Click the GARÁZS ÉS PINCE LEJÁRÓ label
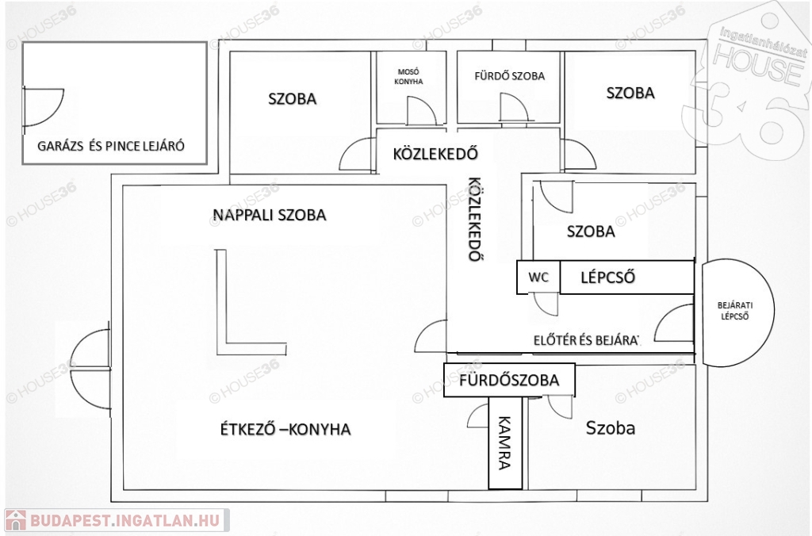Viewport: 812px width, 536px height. coord(111,146)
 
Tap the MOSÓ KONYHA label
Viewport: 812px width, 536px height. coord(408,77)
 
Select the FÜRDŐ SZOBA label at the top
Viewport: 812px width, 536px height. coord(510,76)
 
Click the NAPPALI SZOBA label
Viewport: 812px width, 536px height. coord(270,214)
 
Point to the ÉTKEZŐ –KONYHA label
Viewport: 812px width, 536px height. coord(285,429)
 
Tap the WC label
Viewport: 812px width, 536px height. coord(538,277)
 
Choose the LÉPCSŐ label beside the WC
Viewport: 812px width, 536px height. coord(607,277)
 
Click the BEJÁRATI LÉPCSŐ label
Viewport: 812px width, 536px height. coord(735,311)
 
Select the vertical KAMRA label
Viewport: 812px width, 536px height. coord(504,442)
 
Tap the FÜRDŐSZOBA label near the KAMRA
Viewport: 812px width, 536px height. coord(509,380)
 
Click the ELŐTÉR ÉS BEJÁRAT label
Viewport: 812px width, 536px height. coord(587,340)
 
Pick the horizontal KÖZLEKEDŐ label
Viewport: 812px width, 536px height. coord(435,154)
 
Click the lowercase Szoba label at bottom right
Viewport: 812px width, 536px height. coord(610,427)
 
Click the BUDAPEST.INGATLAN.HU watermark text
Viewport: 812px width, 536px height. coord(124,520)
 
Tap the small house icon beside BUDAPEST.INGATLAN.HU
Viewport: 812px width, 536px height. coord(16,520)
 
